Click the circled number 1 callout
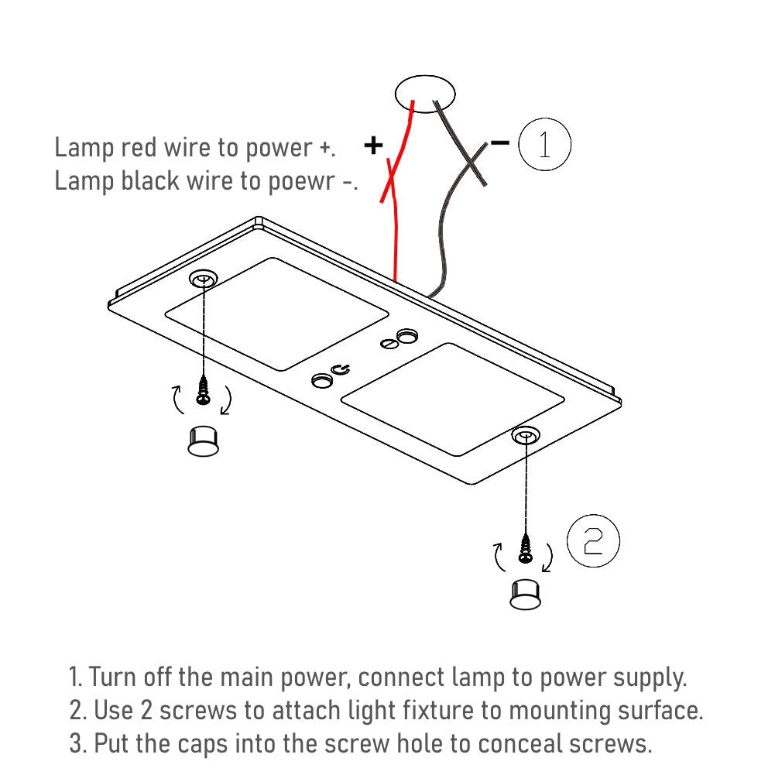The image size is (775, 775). click(x=544, y=145)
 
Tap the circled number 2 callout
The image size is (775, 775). click(x=593, y=542)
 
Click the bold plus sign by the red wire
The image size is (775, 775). click(x=373, y=145)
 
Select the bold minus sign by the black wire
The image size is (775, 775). click(x=499, y=142)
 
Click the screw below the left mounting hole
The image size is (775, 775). click(x=204, y=391)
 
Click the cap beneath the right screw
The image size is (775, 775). click(x=526, y=593)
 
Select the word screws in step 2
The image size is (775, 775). click(x=220, y=710)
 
